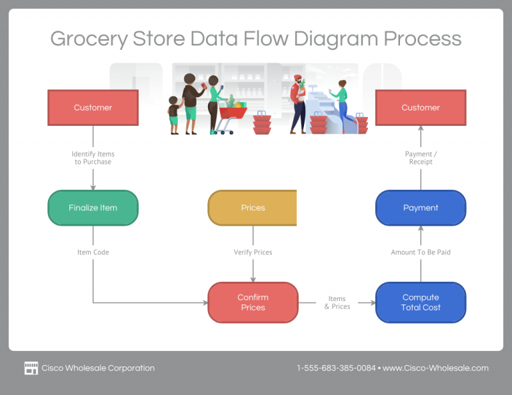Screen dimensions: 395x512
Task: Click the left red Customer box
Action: [93, 108]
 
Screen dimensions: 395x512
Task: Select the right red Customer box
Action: [420, 108]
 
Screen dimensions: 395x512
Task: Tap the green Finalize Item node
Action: [93, 208]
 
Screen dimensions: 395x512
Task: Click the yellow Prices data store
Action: [253, 208]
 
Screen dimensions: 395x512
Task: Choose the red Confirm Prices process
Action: [253, 302]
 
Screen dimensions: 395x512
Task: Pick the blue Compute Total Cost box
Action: [420, 302]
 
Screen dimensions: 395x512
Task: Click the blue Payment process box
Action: [420, 208]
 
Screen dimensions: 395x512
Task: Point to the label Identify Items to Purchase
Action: [93, 158]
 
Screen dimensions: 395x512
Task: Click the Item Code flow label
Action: [93, 252]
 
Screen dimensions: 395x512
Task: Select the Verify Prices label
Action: [253, 252]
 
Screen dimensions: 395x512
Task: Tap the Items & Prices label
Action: [337, 302]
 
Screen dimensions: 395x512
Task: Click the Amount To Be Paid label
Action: [420, 252]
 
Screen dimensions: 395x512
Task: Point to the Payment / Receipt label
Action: [420, 158]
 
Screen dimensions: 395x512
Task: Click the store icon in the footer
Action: [31, 368]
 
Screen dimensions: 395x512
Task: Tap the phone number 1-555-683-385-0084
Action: [336, 368]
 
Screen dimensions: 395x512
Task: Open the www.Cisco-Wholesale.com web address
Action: [435, 368]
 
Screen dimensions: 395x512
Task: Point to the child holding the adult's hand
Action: [174, 115]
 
